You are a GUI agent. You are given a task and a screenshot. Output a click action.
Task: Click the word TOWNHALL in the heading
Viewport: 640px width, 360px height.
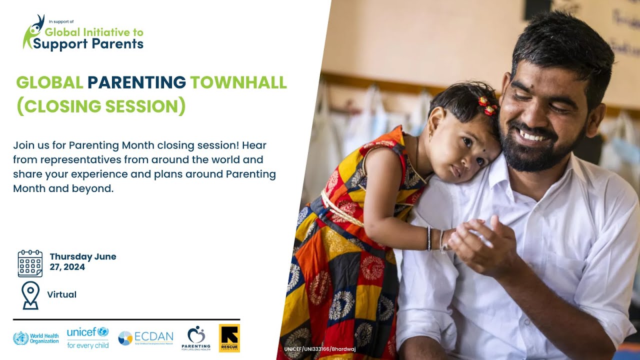(x=238, y=82)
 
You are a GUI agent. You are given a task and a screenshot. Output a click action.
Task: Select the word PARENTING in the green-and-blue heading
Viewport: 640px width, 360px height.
(x=136, y=82)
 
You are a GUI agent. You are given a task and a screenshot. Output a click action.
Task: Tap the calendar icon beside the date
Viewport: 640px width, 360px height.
(x=30, y=263)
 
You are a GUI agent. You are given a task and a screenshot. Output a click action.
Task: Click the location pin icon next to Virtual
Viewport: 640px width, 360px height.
(x=30, y=295)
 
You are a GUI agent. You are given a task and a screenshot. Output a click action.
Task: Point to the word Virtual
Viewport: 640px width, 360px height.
(x=62, y=294)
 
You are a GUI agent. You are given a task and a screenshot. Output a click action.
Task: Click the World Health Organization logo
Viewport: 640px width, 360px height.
(x=35, y=338)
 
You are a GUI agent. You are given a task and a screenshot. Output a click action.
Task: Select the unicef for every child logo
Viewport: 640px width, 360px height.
(x=87, y=337)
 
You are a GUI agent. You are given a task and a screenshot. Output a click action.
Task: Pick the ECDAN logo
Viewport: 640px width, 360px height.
(x=145, y=338)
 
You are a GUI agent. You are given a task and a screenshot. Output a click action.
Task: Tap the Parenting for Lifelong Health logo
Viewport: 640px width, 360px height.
(x=196, y=338)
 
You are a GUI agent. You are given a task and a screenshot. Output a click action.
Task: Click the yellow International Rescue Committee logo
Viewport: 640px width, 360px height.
(x=229, y=338)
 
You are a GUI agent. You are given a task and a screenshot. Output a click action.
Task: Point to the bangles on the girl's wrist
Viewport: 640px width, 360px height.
(x=435, y=239)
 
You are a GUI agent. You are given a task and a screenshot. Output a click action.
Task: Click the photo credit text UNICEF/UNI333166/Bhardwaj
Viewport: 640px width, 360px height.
(x=320, y=348)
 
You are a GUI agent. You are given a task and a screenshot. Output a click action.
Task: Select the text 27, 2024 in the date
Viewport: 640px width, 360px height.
(x=67, y=267)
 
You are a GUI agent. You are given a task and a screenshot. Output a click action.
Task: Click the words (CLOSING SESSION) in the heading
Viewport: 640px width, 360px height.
(x=101, y=106)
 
